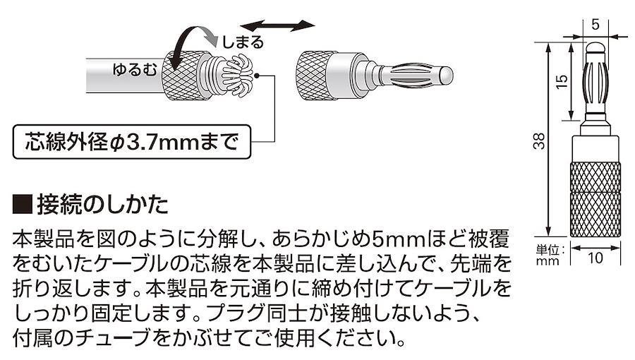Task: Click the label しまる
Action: tap(243, 42)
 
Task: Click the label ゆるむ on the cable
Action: tap(135, 70)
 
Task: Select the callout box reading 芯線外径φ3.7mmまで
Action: tap(132, 142)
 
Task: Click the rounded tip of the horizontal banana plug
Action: tap(446, 76)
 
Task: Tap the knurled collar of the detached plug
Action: tap(312, 76)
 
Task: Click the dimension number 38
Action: tap(540, 140)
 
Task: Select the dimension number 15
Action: tap(562, 82)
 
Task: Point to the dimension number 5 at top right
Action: tap(595, 25)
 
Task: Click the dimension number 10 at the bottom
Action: tap(595, 258)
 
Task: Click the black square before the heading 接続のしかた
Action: tap(23, 205)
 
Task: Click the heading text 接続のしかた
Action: tap(102, 205)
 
